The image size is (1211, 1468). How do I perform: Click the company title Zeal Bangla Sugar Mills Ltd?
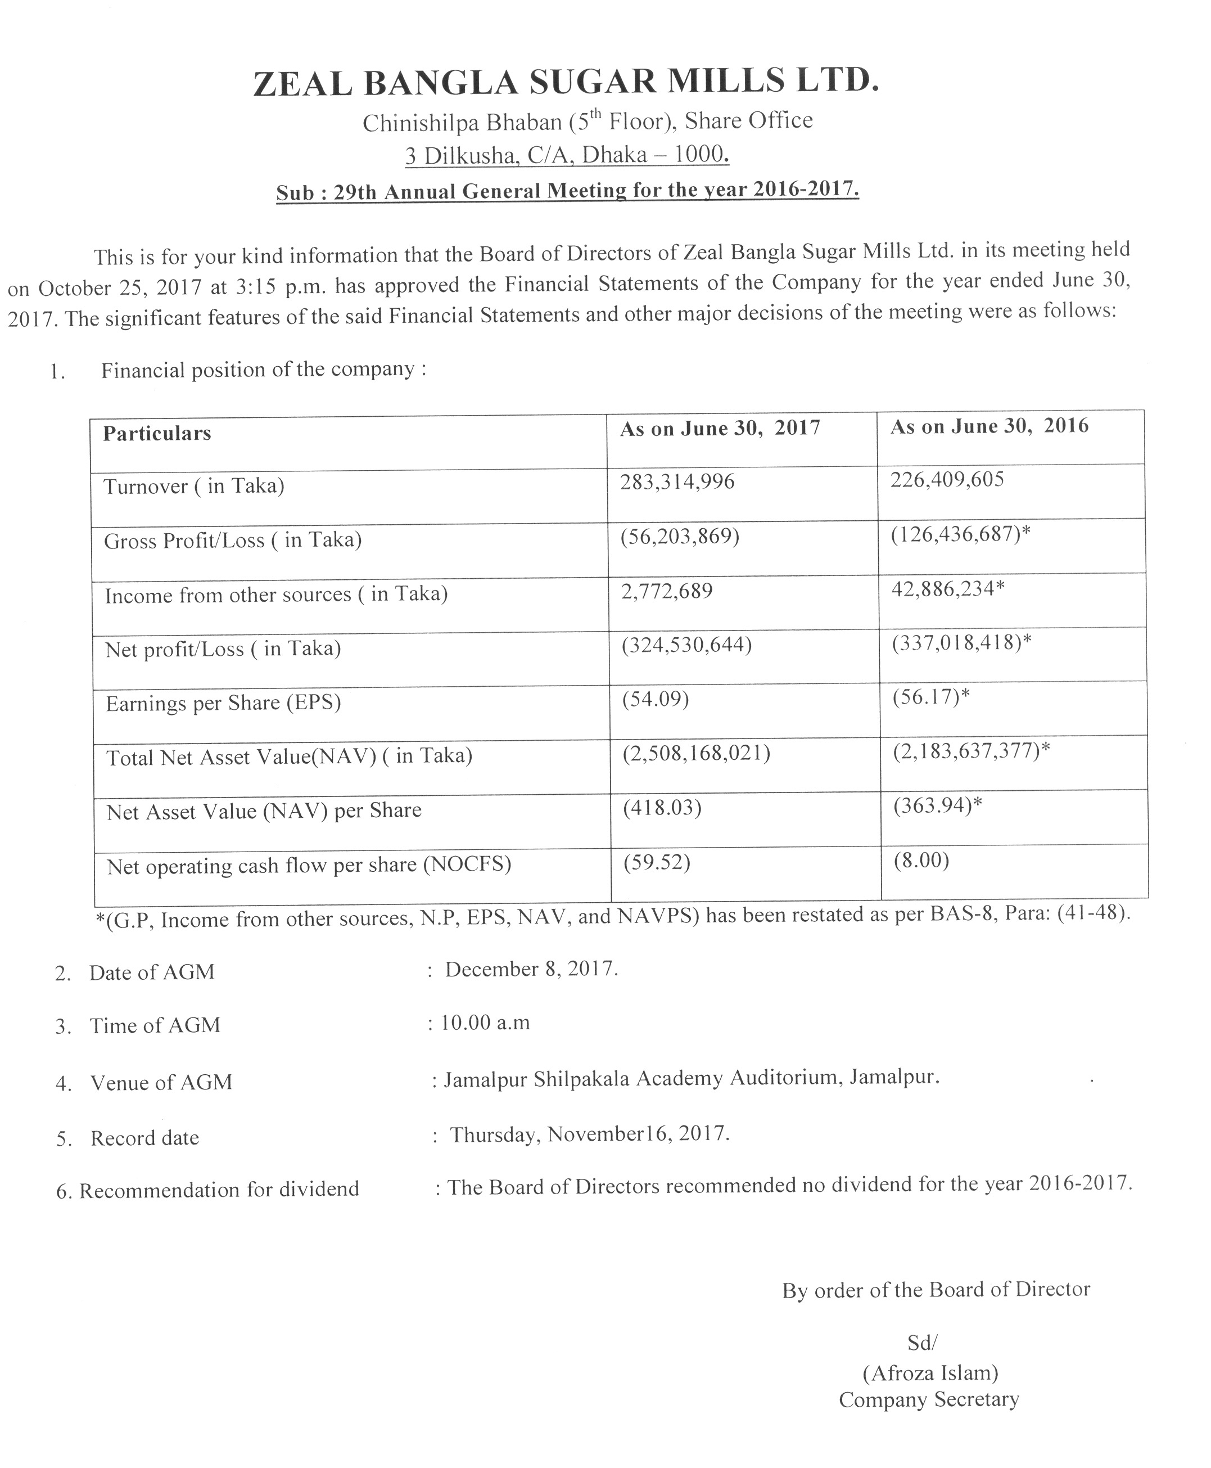[566, 82]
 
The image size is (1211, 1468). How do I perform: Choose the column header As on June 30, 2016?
[989, 426]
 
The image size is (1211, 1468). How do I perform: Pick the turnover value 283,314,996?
[677, 481]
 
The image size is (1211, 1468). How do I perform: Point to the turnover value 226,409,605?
[947, 479]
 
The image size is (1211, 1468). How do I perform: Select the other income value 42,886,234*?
[948, 589]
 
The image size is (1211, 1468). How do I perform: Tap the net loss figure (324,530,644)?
[686, 645]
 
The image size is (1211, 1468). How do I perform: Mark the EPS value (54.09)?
[655, 699]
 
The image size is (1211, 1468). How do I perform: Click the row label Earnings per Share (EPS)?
[223, 703]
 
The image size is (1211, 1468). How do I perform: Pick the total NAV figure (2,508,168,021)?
[696, 754]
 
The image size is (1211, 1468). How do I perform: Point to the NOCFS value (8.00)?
[921, 861]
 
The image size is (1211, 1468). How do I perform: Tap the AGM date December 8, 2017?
[531, 969]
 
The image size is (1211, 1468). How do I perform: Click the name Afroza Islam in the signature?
[930, 1373]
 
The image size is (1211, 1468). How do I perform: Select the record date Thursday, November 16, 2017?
[589, 1134]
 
